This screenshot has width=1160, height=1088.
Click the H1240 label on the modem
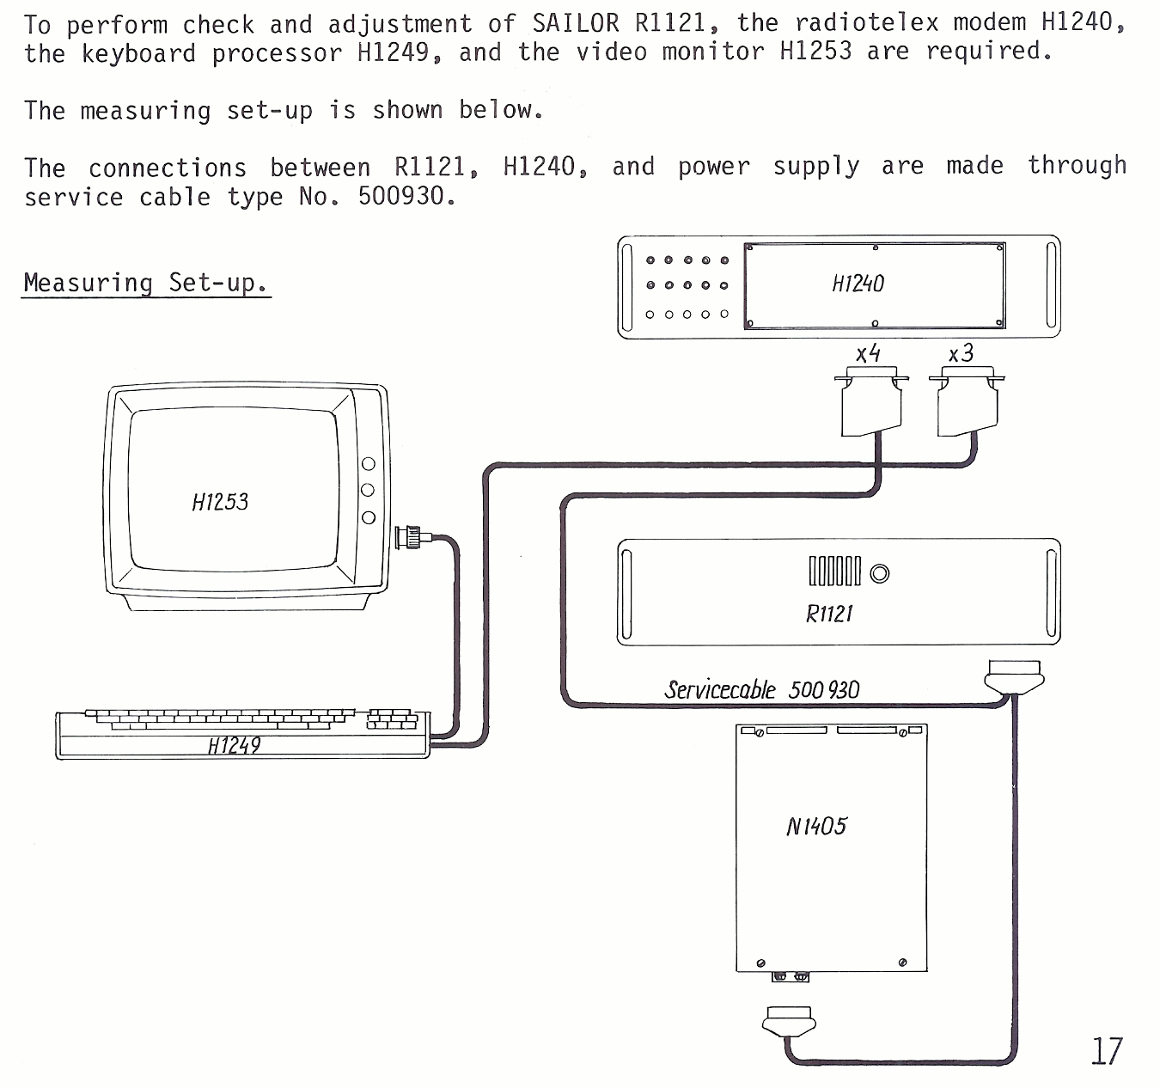[x=858, y=284]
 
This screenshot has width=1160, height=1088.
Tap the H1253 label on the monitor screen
[x=220, y=502]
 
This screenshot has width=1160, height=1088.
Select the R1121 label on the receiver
[x=829, y=614]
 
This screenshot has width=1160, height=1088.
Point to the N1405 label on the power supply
[x=816, y=827]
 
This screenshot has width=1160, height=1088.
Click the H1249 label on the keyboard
[x=234, y=746]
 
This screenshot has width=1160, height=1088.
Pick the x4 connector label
[x=868, y=353]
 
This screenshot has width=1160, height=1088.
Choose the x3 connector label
[x=961, y=353]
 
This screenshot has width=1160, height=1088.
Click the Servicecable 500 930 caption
[x=761, y=690]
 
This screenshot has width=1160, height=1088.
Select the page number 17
[x=1107, y=1051]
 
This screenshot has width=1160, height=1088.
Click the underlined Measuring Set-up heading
[x=145, y=283]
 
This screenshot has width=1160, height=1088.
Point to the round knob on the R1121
[x=880, y=573]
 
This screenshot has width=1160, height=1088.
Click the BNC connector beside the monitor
[x=412, y=538]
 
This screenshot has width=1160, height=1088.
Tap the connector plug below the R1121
[x=1014, y=677]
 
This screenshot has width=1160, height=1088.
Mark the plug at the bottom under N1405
[x=789, y=1022]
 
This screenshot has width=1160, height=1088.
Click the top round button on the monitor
[x=369, y=464]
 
